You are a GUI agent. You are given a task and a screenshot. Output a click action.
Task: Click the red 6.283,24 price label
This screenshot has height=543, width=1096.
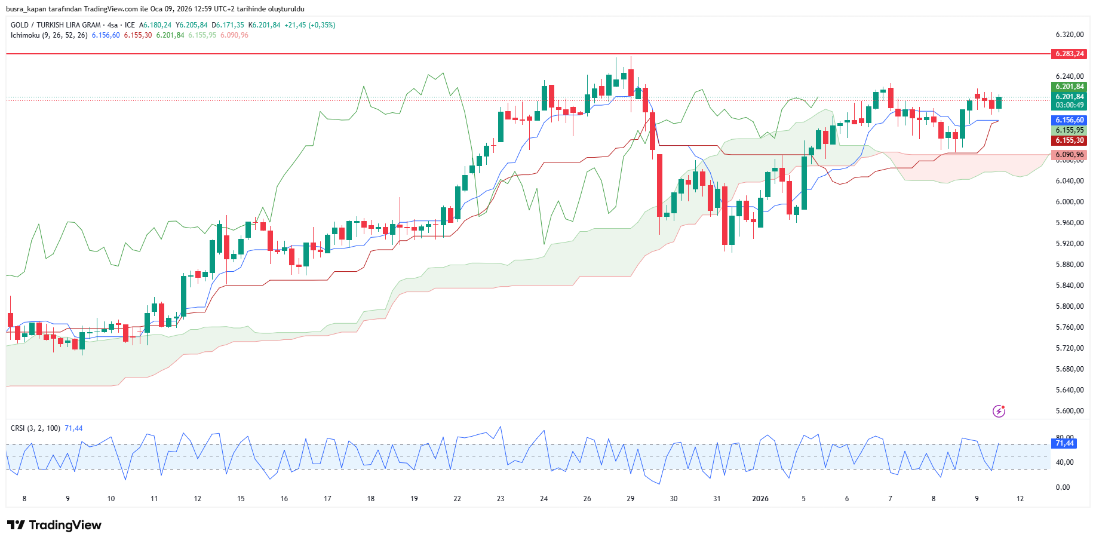[x=1069, y=54]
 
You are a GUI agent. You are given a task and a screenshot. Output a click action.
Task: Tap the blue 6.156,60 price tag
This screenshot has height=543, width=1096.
[x=1069, y=120]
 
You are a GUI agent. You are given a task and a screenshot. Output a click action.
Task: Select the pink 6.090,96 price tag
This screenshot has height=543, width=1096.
[x=1069, y=155]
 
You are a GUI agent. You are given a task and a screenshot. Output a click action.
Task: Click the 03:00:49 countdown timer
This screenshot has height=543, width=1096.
[x=1069, y=105]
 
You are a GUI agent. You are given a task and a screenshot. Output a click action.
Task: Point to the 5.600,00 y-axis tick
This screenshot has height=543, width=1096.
[x=1069, y=411]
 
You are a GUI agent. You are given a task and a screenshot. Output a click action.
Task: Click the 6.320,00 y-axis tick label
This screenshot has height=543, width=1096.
[x=1069, y=35]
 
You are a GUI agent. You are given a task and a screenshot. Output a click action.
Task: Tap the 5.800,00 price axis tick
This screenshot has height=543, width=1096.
[x=1069, y=306]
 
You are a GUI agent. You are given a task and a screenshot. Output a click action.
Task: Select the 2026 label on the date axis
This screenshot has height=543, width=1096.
[x=760, y=499]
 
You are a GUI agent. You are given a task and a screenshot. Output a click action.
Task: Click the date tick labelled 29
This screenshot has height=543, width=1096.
[x=630, y=499]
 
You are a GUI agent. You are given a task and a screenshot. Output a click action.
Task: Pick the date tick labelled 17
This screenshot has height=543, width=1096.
[x=327, y=499]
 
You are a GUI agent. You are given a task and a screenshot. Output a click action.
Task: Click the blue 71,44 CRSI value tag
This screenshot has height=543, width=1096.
[x=1064, y=443]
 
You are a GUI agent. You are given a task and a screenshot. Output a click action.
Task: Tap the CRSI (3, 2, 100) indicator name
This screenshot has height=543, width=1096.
[x=35, y=428]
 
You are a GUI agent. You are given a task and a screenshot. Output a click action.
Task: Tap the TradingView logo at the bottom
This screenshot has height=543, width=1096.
[x=54, y=525]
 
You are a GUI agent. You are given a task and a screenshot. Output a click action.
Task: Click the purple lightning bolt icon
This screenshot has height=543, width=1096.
[x=999, y=411]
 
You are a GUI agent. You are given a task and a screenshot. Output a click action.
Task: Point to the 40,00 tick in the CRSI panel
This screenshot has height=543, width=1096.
[x=1064, y=462]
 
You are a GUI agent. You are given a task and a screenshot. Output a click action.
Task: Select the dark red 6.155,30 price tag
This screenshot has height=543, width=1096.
[x=1069, y=140]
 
